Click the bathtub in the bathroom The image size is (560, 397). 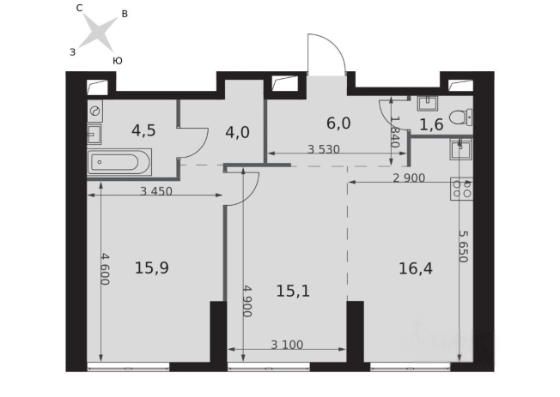(x=119, y=163)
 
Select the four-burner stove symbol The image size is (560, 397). (x=461, y=189)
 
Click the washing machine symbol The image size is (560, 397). (x=95, y=111)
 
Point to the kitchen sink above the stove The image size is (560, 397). (x=460, y=148)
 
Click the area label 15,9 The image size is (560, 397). (x=152, y=268)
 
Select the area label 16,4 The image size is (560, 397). (x=416, y=268)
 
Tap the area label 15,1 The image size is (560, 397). (x=293, y=291)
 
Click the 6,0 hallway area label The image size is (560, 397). (x=338, y=123)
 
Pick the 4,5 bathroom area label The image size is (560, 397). (x=143, y=130)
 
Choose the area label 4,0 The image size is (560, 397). (x=237, y=132)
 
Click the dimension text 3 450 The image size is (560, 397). (x=156, y=191)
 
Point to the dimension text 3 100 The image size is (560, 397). (x=287, y=345)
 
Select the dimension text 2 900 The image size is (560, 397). (x=409, y=177)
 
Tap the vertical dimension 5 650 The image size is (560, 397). (x=463, y=246)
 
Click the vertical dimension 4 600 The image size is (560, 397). (x=105, y=269)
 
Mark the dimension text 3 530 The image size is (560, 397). (x=324, y=149)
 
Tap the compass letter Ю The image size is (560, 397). (x=118, y=61)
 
